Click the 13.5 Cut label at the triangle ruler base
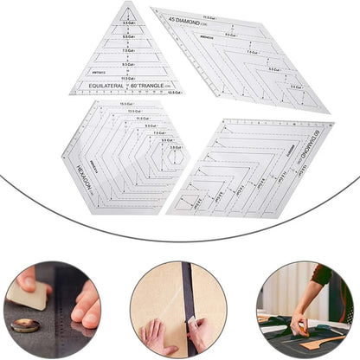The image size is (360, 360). [x=174, y=92]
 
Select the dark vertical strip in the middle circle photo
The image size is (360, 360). [x=185, y=303]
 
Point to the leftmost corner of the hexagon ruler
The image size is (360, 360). [x=62, y=157]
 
